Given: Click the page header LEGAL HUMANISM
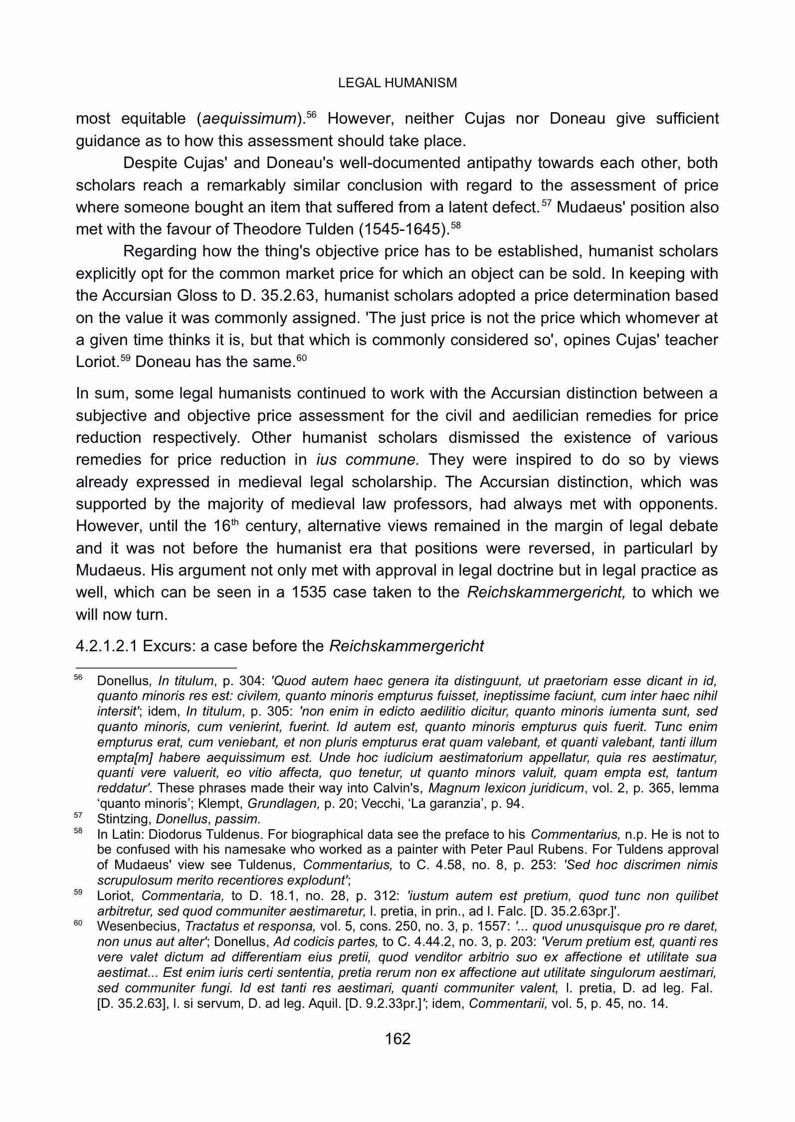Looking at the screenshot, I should tap(397, 83).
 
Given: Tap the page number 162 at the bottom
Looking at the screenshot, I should tap(397, 1039).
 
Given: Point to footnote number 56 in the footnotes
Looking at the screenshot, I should tap(78, 677).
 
